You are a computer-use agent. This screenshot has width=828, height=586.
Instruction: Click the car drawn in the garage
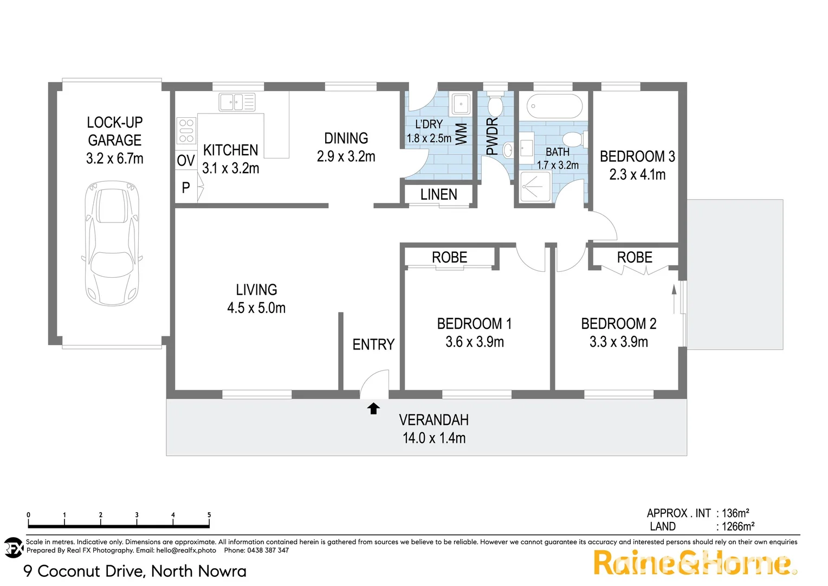[x=113, y=243]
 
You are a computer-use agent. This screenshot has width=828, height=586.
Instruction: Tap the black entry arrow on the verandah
[x=373, y=408]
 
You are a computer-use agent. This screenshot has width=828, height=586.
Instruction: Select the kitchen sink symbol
[x=237, y=102]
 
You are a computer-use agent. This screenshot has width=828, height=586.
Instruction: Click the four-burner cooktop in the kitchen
[x=186, y=131]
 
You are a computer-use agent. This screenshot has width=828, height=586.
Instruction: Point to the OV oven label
[x=185, y=161]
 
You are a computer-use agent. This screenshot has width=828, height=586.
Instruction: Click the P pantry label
[x=186, y=188]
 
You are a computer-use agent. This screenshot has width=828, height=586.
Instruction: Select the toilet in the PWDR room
[x=495, y=105]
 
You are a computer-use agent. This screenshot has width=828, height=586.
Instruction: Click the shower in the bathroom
[x=534, y=187]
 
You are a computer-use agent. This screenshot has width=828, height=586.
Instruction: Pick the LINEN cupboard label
[x=438, y=194]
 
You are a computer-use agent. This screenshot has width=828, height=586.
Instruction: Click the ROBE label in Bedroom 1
[x=449, y=257]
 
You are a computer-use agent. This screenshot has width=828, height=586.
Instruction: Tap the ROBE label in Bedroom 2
[x=635, y=257]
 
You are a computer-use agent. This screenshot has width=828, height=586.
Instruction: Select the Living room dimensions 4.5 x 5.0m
[x=256, y=308]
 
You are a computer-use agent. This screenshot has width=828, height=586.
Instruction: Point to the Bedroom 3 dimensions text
[x=637, y=174]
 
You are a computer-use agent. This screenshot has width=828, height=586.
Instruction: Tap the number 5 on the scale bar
[x=209, y=515]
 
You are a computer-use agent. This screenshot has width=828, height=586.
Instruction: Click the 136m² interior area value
[x=735, y=513]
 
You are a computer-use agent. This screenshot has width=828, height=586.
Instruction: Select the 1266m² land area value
[x=738, y=526]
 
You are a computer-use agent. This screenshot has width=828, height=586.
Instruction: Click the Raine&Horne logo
[x=694, y=563]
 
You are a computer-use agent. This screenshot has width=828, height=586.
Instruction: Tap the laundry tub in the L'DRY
[x=461, y=103]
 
